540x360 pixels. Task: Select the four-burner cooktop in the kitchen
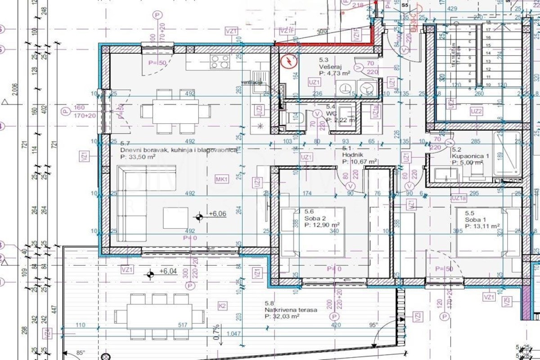pyautogui.click(x=220, y=61)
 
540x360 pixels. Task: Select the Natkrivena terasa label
pyautogui.click(x=291, y=310)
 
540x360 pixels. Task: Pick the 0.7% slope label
pyautogui.click(x=216, y=332)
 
